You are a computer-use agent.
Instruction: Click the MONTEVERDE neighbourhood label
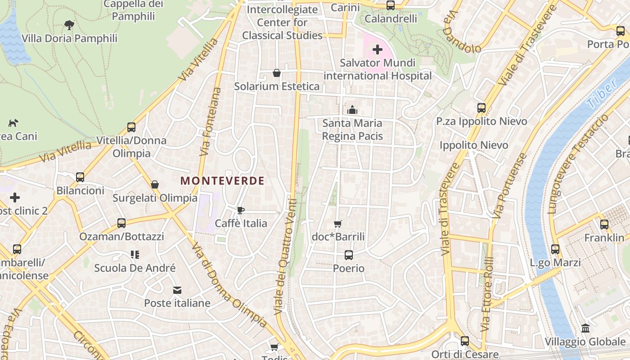tap(222, 181)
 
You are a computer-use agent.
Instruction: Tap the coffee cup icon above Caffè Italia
tap(241, 210)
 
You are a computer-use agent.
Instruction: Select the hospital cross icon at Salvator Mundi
tap(378, 49)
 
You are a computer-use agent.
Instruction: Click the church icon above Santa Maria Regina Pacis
tap(352, 110)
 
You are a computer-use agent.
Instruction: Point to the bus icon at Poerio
tap(349, 255)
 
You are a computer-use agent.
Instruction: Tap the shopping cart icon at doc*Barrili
tap(338, 224)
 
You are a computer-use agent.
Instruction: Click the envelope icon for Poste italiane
tap(177, 290)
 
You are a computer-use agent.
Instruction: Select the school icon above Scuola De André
tap(135, 255)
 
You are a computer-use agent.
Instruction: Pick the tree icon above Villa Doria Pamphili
tap(69, 25)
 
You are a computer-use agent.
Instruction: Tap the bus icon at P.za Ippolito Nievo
tap(481, 108)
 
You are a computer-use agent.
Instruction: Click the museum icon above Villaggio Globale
tap(585, 328)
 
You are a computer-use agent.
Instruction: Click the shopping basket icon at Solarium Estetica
tap(277, 73)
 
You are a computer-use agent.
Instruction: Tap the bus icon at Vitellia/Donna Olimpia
tap(131, 127)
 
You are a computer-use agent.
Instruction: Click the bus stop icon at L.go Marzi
tap(555, 249)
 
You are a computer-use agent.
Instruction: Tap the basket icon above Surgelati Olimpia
tap(155, 184)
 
